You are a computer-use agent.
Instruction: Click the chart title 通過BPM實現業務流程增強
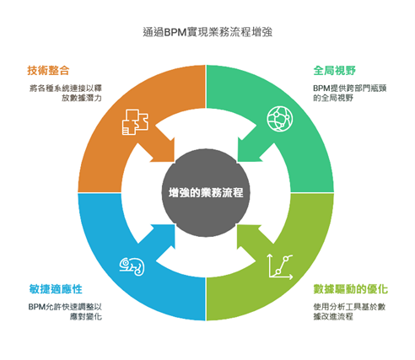(x=207, y=32)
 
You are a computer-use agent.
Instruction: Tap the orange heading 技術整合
(x=48, y=70)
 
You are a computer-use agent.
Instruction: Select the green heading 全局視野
(x=335, y=70)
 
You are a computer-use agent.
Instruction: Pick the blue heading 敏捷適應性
(x=56, y=289)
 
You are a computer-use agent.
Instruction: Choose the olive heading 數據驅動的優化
(x=351, y=289)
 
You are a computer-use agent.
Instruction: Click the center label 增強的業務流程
(x=206, y=193)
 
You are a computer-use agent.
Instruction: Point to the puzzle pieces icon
(x=135, y=122)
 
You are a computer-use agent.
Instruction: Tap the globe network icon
(x=280, y=118)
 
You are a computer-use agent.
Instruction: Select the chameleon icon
(x=132, y=266)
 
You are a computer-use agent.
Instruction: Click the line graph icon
(x=281, y=266)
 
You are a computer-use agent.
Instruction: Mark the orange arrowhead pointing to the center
(x=163, y=151)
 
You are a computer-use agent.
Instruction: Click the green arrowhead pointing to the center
(x=250, y=150)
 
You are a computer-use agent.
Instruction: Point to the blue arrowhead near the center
(x=163, y=235)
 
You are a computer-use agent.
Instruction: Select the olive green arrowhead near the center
(x=249, y=235)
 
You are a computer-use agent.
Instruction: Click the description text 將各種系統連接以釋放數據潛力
(x=66, y=93)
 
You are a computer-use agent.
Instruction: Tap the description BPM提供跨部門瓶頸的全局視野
(x=350, y=93)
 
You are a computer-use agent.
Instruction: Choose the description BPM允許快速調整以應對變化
(x=65, y=311)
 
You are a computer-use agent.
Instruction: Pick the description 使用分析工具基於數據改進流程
(x=349, y=311)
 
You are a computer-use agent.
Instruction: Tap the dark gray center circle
(x=206, y=193)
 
